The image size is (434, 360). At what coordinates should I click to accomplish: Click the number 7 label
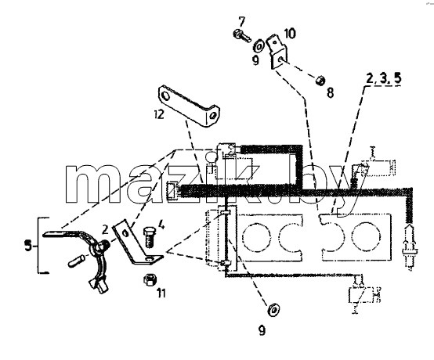pyautogui.click(x=241, y=21)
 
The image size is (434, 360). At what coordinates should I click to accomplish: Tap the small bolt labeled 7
pyautogui.click(x=241, y=36)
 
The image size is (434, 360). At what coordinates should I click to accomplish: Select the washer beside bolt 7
pyautogui.click(x=259, y=46)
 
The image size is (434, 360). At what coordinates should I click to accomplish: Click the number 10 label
pyautogui.click(x=290, y=33)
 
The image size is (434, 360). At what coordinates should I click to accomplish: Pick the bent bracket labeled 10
pyautogui.click(x=277, y=52)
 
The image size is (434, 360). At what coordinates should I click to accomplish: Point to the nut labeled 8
pyautogui.click(x=320, y=81)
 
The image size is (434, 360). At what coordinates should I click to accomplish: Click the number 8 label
pyautogui.click(x=330, y=93)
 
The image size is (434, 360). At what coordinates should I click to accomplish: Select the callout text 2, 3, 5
pyautogui.click(x=383, y=79)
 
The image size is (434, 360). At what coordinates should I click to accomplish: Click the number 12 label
pyautogui.click(x=159, y=114)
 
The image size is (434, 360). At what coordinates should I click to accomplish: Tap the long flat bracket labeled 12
pyautogui.click(x=188, y=106)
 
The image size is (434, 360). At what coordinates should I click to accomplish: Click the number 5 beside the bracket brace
pyautogui.click(x=28, y=246)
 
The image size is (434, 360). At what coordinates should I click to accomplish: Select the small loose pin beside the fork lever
pyautogui.click(x=74, y=261)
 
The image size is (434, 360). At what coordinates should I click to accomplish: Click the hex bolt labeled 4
pyautogui.click(x=149, y=237)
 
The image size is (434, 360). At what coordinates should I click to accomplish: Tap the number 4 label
pyautogui.click(x=161, y=225)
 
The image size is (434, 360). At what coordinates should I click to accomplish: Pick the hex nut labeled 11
pyautogui.click(x=150, y=279)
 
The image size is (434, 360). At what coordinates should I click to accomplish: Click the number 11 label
pyautogui.click(x=161, y=293)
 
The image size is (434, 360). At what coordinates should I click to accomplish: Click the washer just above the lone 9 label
pyautogui.click(x=273, y=309)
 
